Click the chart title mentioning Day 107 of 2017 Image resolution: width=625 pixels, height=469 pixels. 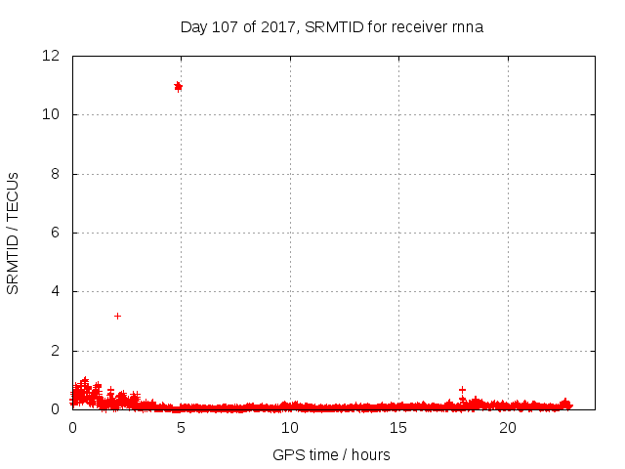(331, 26)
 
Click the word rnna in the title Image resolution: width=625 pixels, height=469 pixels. (467, 26)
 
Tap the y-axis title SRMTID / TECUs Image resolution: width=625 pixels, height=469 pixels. (14, 233)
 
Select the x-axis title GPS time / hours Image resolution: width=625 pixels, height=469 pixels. (331, 454)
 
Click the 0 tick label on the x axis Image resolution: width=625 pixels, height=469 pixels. (72, 428)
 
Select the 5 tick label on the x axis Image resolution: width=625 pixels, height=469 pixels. (181, 428)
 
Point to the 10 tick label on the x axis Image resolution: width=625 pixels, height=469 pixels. (290, 428)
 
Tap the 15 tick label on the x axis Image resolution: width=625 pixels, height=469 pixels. (398, 428)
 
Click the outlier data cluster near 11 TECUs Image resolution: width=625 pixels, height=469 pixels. (178, 87)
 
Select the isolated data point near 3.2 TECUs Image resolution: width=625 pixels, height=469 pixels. (117, 316)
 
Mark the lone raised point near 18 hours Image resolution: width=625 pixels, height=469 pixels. (462, 389)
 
